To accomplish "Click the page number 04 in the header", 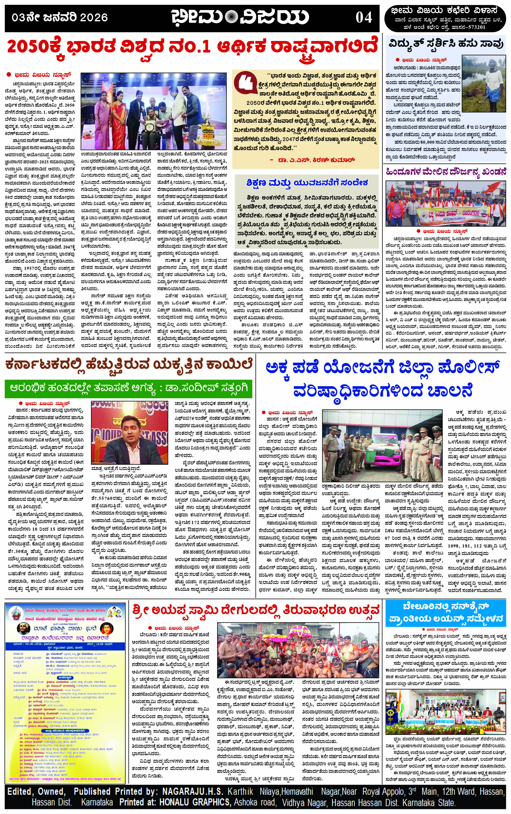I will pos(364,18).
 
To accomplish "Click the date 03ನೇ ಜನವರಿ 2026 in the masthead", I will pos(59,18).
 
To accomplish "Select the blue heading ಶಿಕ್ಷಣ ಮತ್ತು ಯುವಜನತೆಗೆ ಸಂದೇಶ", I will pos(307,183).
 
